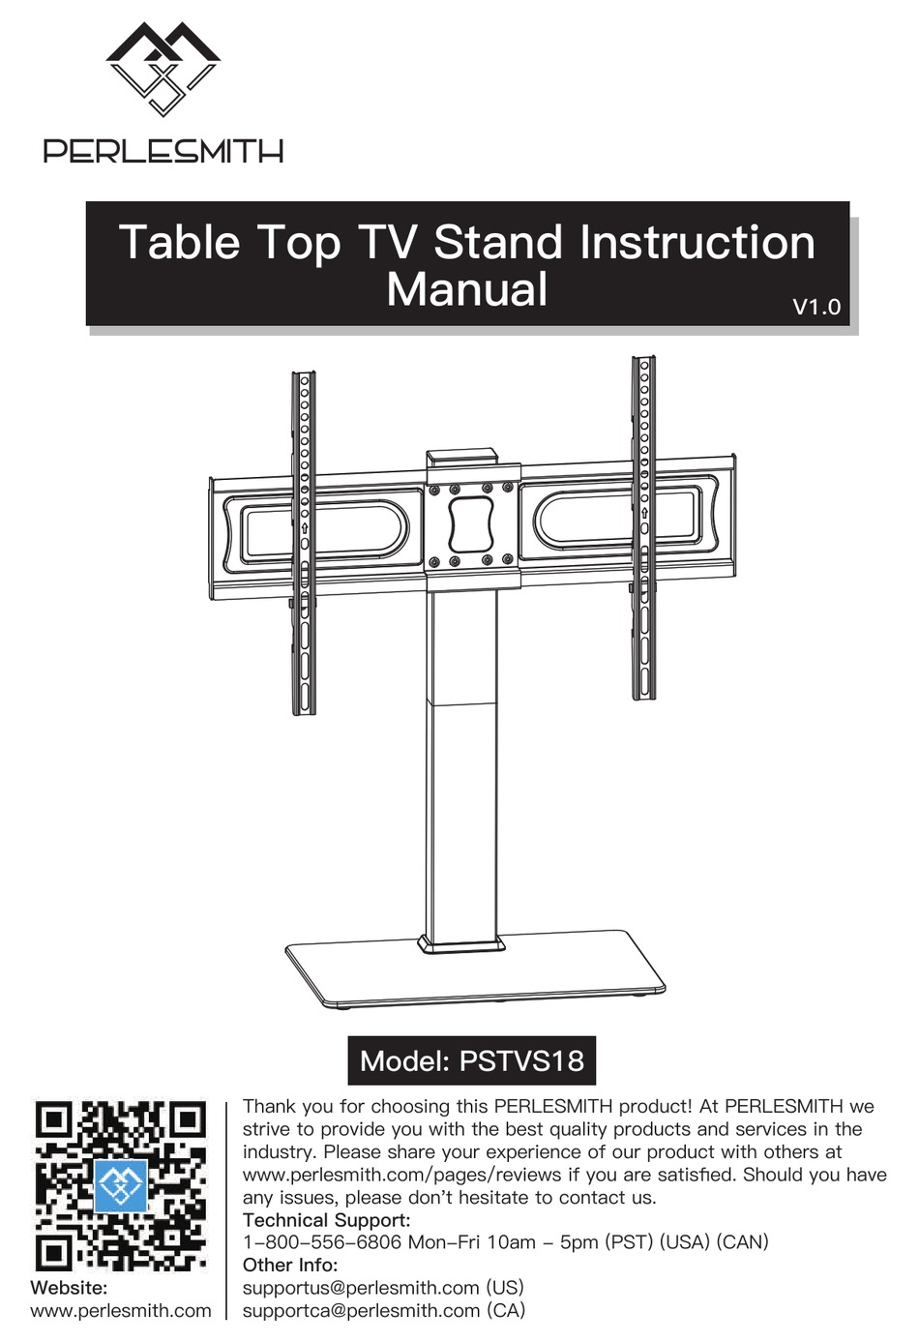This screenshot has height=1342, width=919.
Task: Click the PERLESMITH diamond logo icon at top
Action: pyautogui.click(x=163, y=70)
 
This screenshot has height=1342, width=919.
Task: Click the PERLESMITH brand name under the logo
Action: pyautogui.click(x=163, y=151)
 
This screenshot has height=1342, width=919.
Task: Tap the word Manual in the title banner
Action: pyautogui.click(x=466, y=289)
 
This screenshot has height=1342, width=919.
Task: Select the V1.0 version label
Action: pyautogui.click(x=816, y=307)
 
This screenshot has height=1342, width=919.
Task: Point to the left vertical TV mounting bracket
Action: pyautogui.click(x=304, y=542)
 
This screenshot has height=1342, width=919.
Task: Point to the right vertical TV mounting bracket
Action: pyautogui.click(x=643, y=527)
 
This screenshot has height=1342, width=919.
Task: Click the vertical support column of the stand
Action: pyautogui.click(x=462, y=774)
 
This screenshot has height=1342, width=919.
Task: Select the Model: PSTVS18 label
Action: pyautogui.click(x=471, y=1060)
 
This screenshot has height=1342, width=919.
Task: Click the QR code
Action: pyautogui.click(x=121, y=1185)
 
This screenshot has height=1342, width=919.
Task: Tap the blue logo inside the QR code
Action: pyautogui.click(x=121, y=1186)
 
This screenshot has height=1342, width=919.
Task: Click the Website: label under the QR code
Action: pyautogui.click(x=69, y=1288)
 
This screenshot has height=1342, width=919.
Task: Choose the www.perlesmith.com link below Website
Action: pyautogui.click(x=121, y=1311)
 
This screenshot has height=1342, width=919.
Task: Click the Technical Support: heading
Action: pyautogui.click(x=326, y=1220)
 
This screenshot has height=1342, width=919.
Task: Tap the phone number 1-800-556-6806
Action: pyautogui.click(x=321, y=1242)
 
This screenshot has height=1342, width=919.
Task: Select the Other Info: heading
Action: pyautogui.click(x=289, y=1266)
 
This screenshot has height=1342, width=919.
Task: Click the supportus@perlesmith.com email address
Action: pyautogui.click(x=361, y=1288)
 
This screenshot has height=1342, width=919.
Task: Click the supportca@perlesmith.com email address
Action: pyautogui.click(x=361, y=1311)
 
